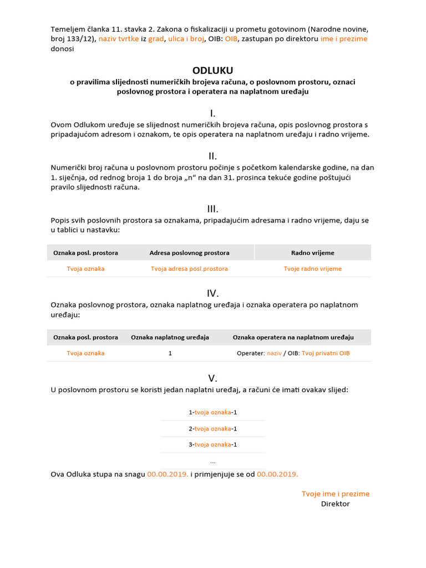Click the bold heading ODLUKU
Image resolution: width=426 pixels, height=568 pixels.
pyautogui.click(x=212, y=70)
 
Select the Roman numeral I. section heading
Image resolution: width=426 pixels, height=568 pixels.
pyautogui.click(x=212, y=113)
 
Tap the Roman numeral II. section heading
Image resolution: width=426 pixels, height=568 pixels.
pyautogui.click(x=212, y=156)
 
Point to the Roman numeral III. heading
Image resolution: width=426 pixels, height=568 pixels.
pyautogui.click(x=212, y=209)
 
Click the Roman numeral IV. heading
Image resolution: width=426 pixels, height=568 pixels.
pyautogui.click(x=212, y=293)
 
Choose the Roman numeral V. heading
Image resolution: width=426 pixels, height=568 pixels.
pyautogui.click(x=212, y=378)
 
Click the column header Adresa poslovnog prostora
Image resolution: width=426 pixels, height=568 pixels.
pyautogui.click(x=189, y=253)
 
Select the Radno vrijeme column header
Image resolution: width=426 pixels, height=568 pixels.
pyautogui.click(x=312, y=253)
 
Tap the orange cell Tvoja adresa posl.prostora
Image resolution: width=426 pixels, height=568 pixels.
pyautogui.click(x=189, y=269)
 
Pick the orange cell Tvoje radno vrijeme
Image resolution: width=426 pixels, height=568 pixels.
pyautogui.click(x=312, y=269)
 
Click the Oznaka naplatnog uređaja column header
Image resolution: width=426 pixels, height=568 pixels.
pyautogui.click(x=170, y=337)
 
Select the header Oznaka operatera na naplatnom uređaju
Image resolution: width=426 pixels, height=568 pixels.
pyautogui.click(x=293, y=337)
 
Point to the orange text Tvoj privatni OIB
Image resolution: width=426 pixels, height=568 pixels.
pyautogui.click(x=326, y=353)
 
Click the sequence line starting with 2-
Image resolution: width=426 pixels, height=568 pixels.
pyautogui.click(x=213, y=429)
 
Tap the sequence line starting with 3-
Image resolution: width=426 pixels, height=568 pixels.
pyautogui.click(x=213, y=445)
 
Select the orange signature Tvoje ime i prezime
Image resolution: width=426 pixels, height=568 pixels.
pyautogui.click(x=335, y=494)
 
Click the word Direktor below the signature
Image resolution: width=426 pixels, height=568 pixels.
pyautogui.click(x=335, y=504)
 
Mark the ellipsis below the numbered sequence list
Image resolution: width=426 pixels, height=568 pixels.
pyautogui.click(x=213, y=461)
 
